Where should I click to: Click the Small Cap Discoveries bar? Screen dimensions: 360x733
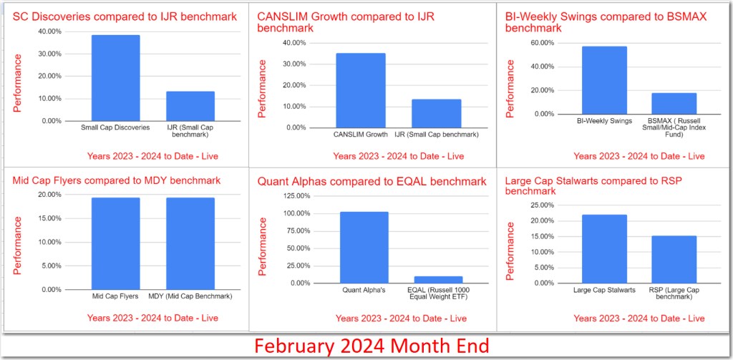coord(115,78)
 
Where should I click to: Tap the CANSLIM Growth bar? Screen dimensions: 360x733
coord(360,90)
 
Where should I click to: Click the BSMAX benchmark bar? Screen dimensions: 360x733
coord(674,103)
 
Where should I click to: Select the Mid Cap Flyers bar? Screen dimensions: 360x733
coord(115,243)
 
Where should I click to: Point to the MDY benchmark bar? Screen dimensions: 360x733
coord(190,243)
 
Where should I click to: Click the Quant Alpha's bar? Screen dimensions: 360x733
coord(364,247)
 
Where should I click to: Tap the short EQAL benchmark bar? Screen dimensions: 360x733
coord(438,279)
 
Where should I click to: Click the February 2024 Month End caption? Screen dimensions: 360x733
coord(372,346)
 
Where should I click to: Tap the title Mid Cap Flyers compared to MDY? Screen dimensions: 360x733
coord(117,180)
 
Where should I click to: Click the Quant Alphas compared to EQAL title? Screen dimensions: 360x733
coord(372,182)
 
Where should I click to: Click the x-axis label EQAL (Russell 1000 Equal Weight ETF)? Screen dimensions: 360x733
coord(438,293)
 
